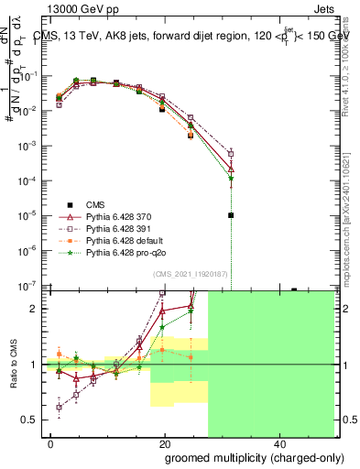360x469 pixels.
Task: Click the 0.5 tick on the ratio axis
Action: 32,420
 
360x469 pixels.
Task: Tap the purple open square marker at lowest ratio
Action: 60,408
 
